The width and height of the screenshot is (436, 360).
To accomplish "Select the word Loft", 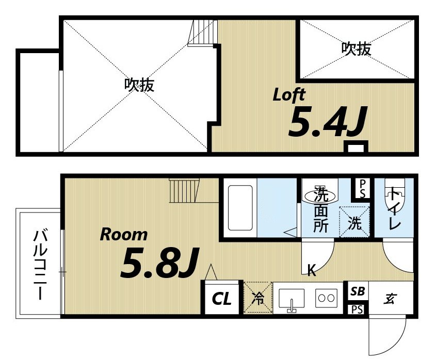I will point(289,95).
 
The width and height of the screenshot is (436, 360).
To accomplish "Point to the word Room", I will point(123,235).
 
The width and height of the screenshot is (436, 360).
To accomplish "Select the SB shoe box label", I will point(358,291).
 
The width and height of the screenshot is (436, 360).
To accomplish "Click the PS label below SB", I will point(357,309).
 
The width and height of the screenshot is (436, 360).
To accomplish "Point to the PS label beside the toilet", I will point(363,188).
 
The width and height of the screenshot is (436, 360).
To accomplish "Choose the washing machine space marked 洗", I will point(355,222).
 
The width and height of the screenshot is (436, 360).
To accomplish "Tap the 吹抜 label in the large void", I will point(139,85).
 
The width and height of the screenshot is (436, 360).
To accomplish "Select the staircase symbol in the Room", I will point(185,191).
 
